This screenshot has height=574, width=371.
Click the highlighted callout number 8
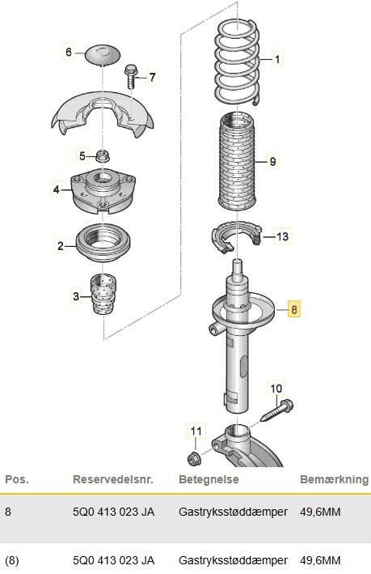294,309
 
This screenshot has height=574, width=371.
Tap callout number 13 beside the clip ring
282,236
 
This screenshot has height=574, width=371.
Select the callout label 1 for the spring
277,59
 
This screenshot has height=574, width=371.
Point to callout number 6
69,52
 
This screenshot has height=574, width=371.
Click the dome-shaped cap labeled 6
103,55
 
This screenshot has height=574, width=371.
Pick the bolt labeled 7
131,76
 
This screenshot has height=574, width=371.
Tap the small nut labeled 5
103,157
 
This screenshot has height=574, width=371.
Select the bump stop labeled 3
103,294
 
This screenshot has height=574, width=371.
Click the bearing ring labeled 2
103,243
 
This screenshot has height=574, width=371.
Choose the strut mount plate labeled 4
103,192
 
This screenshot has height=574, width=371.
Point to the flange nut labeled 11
194,458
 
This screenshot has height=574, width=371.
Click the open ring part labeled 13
237,237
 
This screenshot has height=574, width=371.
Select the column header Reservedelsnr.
113,479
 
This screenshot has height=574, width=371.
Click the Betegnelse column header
209,479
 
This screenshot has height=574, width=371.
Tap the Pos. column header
17,479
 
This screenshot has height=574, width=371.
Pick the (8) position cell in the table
12,560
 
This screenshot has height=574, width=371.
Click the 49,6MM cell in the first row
320,512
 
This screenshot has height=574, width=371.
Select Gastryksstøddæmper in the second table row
233,560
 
